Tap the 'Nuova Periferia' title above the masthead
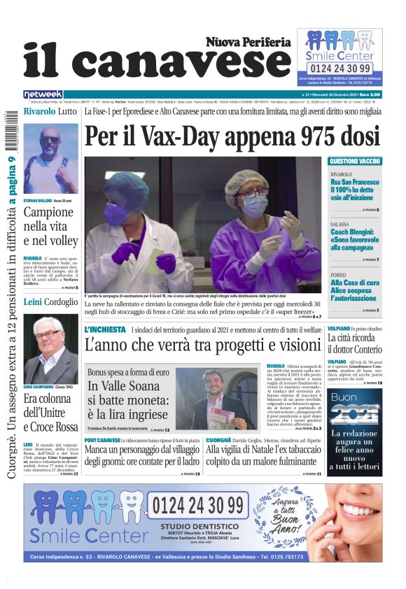pos(248,42)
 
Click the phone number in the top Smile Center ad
pos(339,68)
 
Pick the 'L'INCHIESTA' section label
pos(105,329)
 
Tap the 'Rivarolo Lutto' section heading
pos(50,111)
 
